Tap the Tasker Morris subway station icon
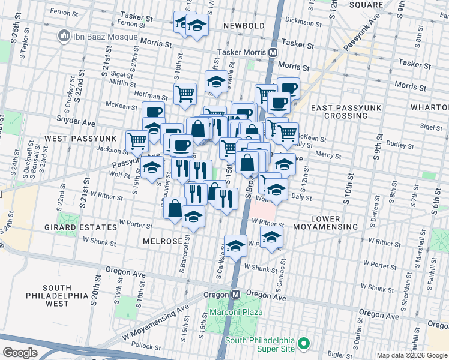tap(273, 53)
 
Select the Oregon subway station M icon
tap(236, 295)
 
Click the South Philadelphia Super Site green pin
tap(304, 344)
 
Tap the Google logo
tap(20, 352)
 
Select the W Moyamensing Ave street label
tap(155, 321)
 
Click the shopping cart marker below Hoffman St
tap(185, 93)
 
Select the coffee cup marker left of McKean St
tap(154, 112)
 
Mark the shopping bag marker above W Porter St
tap(175, 208)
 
